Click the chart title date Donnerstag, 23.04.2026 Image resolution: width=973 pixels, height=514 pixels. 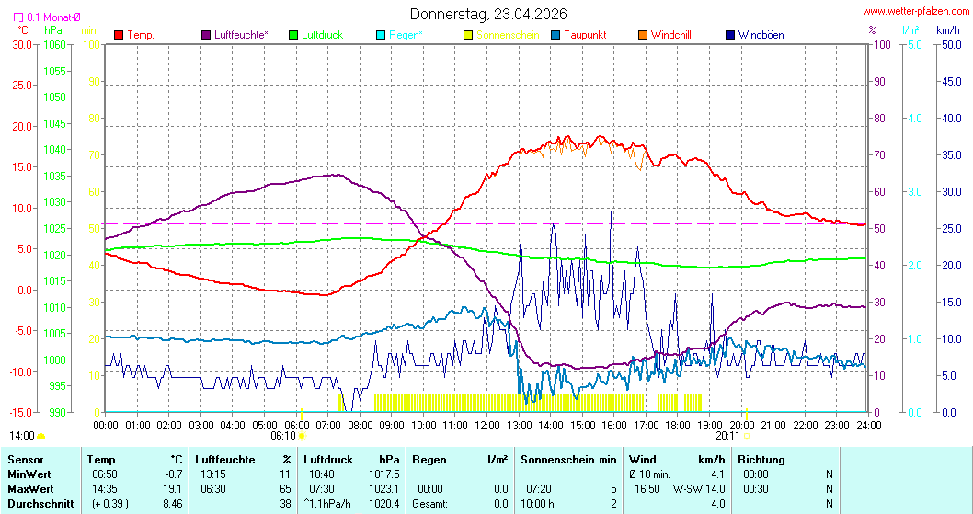(487, 14)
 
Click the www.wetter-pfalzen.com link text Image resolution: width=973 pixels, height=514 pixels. (915, 12)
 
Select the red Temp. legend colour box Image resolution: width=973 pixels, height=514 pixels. (118, 35)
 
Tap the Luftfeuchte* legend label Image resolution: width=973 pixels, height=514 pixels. (241, 35)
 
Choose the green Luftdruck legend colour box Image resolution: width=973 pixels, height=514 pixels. (294, 35)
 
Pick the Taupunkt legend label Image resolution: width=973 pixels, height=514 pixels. (585, 35)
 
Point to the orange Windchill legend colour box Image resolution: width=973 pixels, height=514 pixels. (643, 35)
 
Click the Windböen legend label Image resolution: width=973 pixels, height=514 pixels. (761, 35)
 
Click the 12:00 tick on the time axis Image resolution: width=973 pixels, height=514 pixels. (487, 425)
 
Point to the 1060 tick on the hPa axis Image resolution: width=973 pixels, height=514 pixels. (55, 44)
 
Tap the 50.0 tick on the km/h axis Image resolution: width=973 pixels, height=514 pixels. (949, 44)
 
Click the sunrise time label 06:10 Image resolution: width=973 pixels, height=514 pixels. (282, 436)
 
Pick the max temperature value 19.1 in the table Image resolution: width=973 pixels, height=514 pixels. (171, 488)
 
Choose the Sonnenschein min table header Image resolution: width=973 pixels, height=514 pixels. (568, 459)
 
